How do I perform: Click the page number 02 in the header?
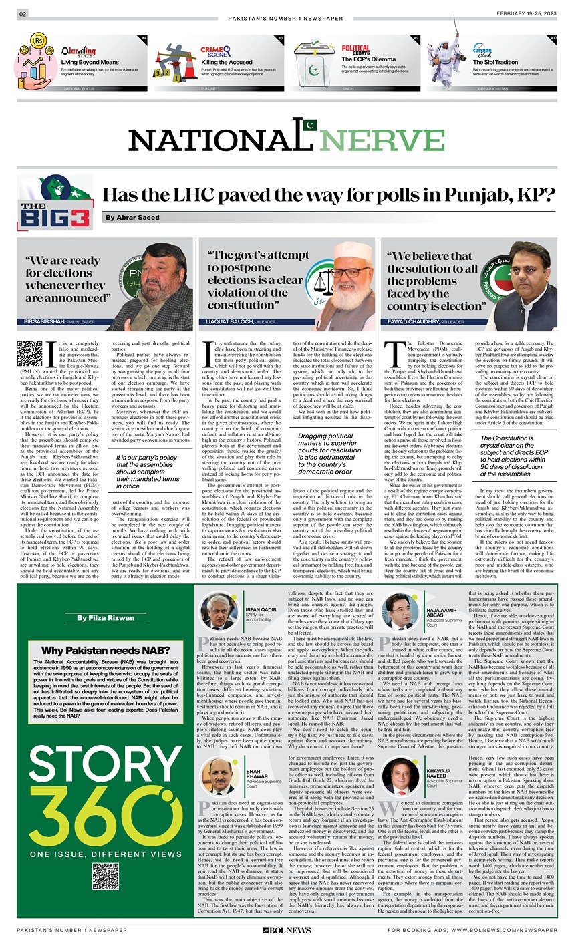tap(22, 15)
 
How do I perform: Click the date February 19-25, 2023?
tap(527, 15)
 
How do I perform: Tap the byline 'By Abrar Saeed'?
tap(131, 218)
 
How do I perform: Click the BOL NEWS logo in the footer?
tap(287, 930)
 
